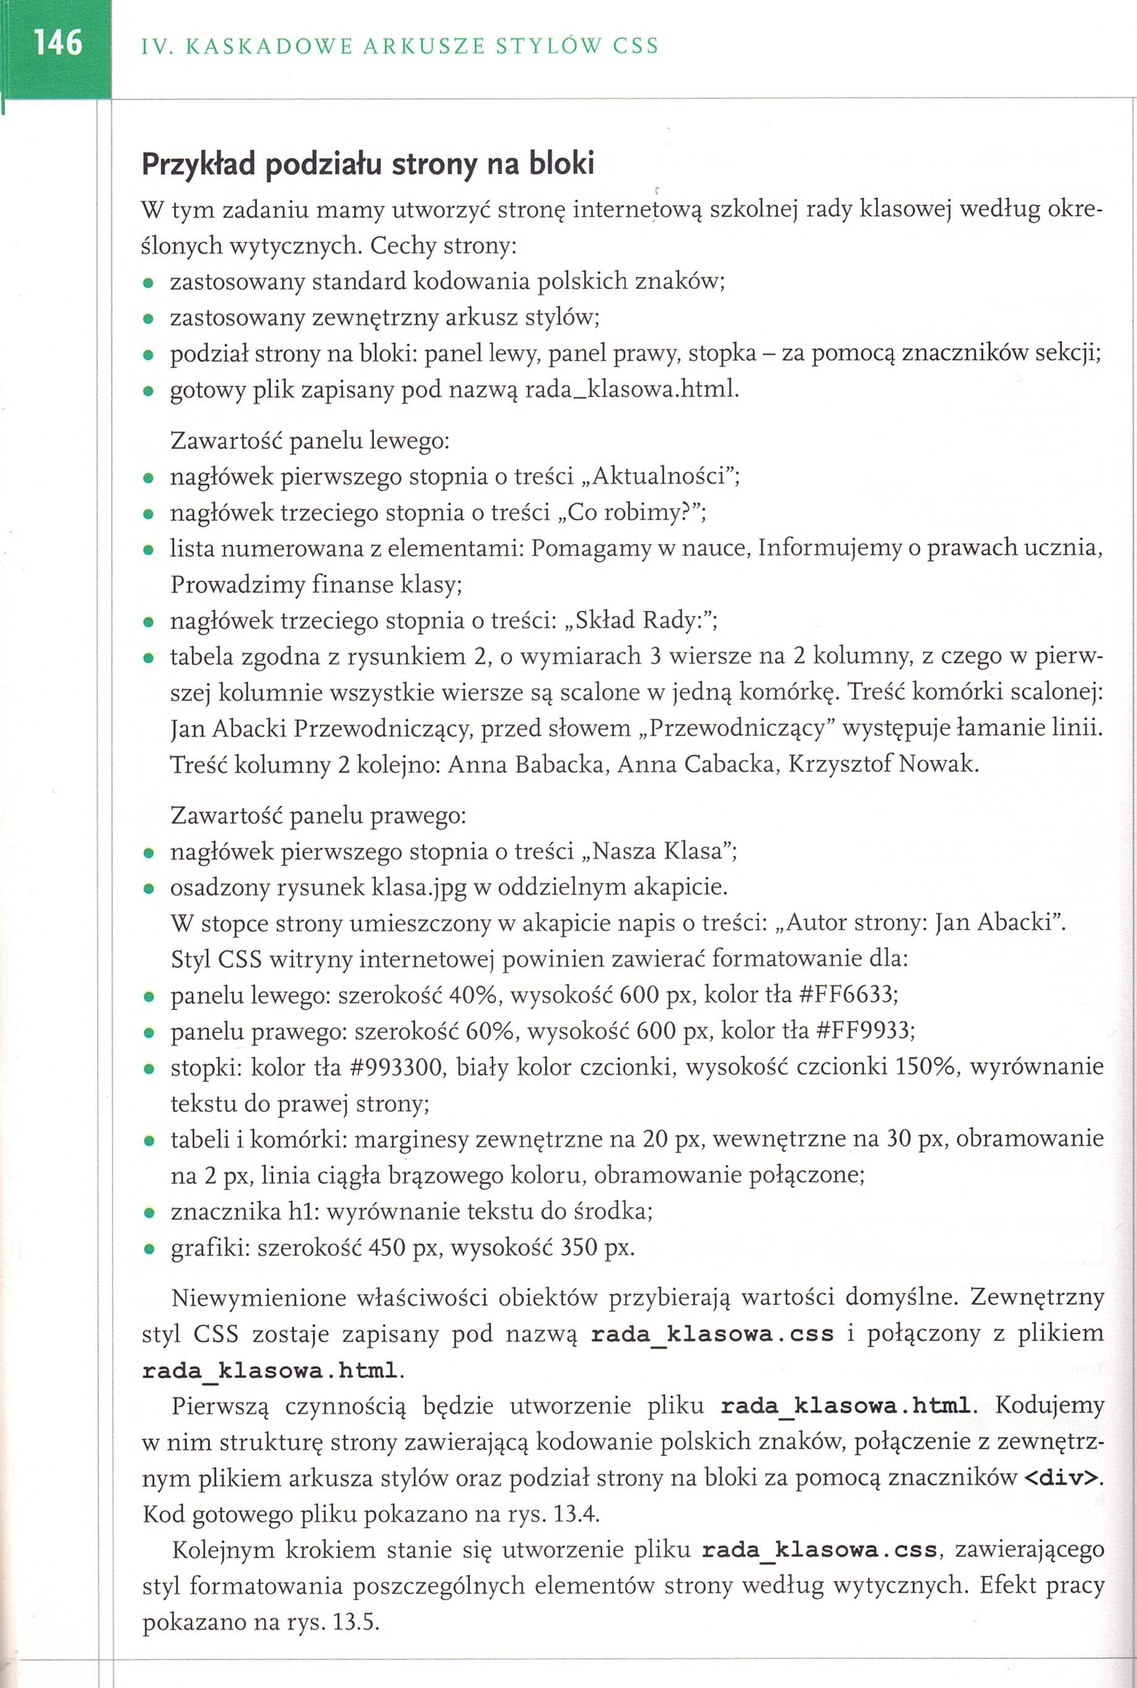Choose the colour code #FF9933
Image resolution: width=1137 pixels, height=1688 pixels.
pyautogui.click(x=864, y=1030)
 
